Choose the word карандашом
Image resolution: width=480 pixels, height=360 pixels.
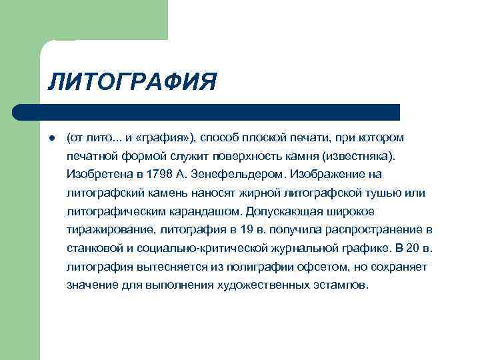click(x=209, y=211)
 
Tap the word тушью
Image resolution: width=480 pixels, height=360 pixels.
click(x=387, y=193)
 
